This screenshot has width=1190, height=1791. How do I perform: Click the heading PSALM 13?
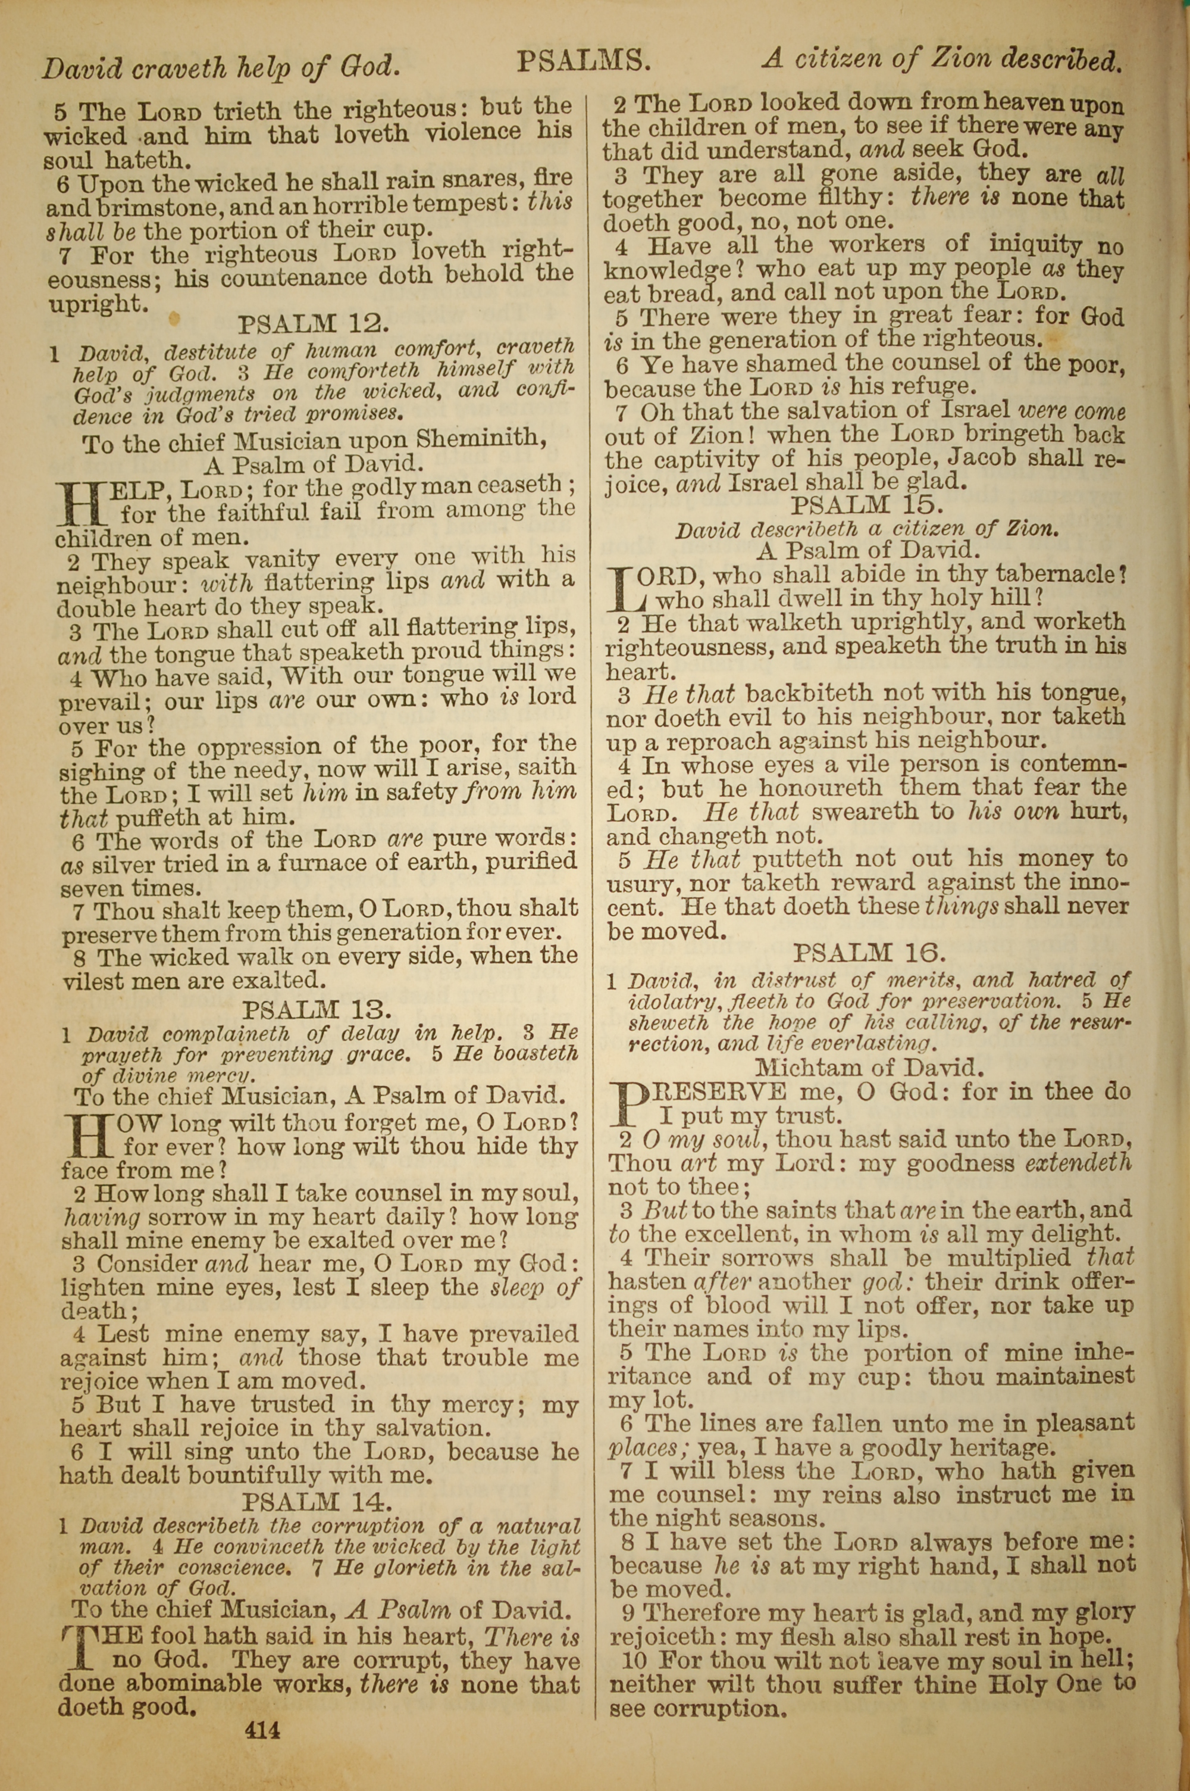click(x=317, y=1010)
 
